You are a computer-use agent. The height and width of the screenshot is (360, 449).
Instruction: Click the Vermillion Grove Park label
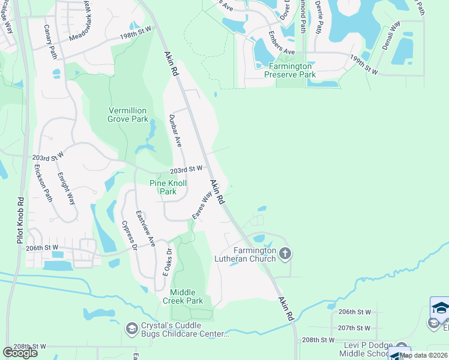click(128, 115)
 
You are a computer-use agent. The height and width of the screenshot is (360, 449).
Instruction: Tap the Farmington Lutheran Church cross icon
click(285, 254)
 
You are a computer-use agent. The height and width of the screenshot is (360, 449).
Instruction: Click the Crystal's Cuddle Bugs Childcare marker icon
click(131, 329)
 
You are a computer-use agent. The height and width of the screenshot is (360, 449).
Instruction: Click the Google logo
click(20, 353)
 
